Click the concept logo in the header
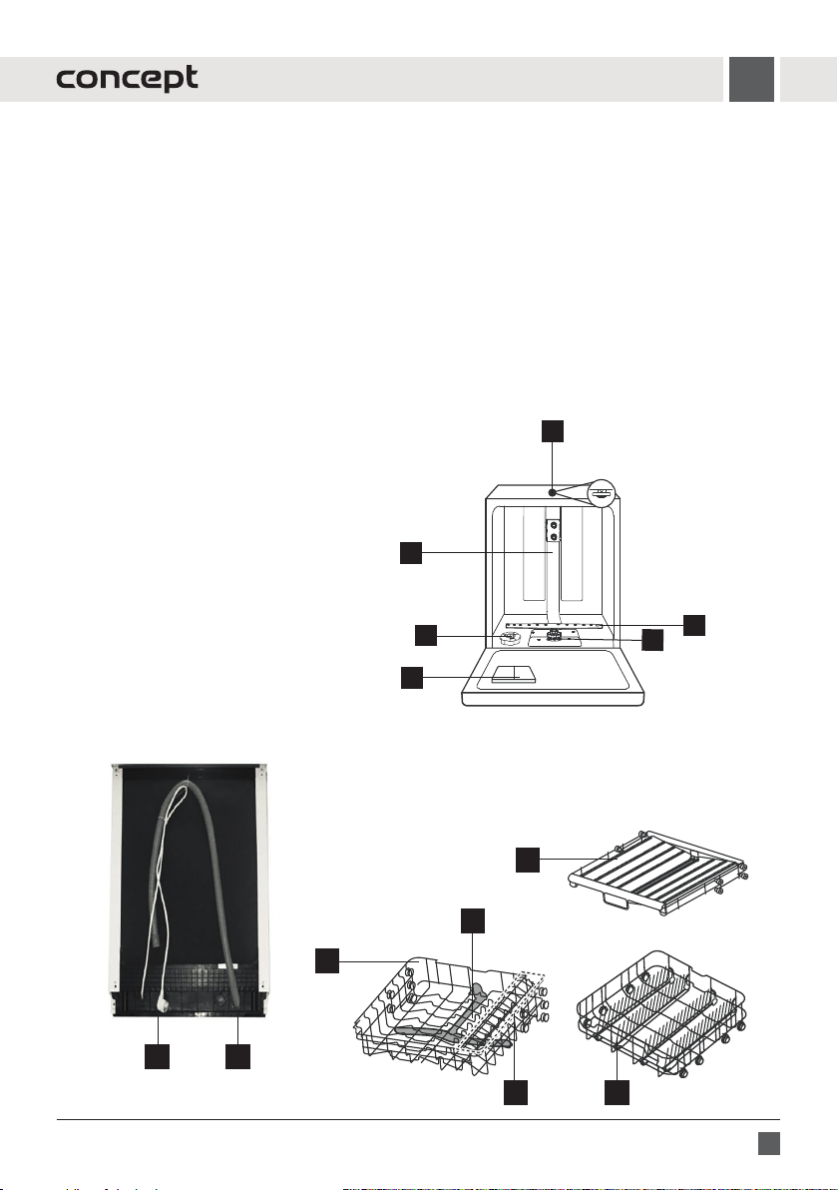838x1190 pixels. click(127, 80)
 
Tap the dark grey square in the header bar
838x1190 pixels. click(750, 80)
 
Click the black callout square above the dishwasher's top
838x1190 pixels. click(553, 430)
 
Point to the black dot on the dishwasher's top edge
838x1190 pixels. click(552, 491)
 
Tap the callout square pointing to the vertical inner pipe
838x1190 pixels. click(411, 552)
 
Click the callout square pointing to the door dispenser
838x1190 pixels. click(411, 678)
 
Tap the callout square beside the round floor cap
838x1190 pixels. click(426, 635)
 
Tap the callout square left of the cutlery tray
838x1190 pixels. click(527, 859)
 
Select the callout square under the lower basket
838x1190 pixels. click(618, 1095)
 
